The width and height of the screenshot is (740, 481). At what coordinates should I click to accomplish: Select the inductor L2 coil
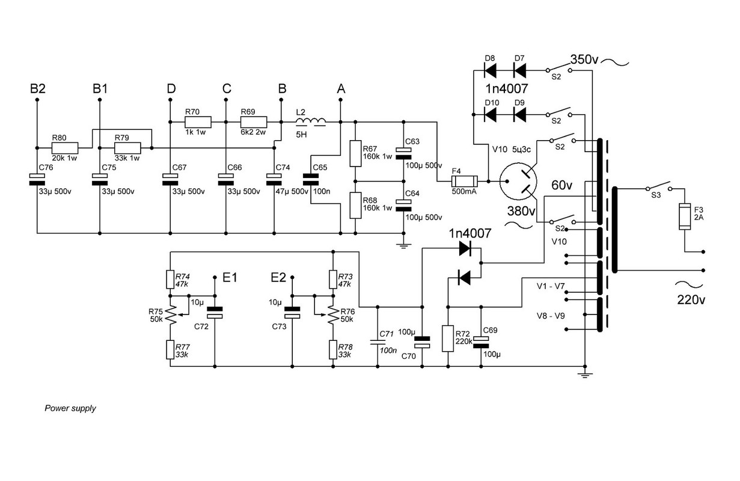click(x=312, y=123)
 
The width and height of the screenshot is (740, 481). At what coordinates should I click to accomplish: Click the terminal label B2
click(x=37, y=88)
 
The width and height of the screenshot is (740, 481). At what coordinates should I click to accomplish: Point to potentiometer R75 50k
click(x=171, y=314)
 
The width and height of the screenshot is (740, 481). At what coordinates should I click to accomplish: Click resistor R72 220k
click(x=448, y=338)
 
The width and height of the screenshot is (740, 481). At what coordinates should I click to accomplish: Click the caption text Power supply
click(x=70, y=408)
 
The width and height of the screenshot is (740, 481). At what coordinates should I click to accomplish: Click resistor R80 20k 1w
click(x=64, y=147)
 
